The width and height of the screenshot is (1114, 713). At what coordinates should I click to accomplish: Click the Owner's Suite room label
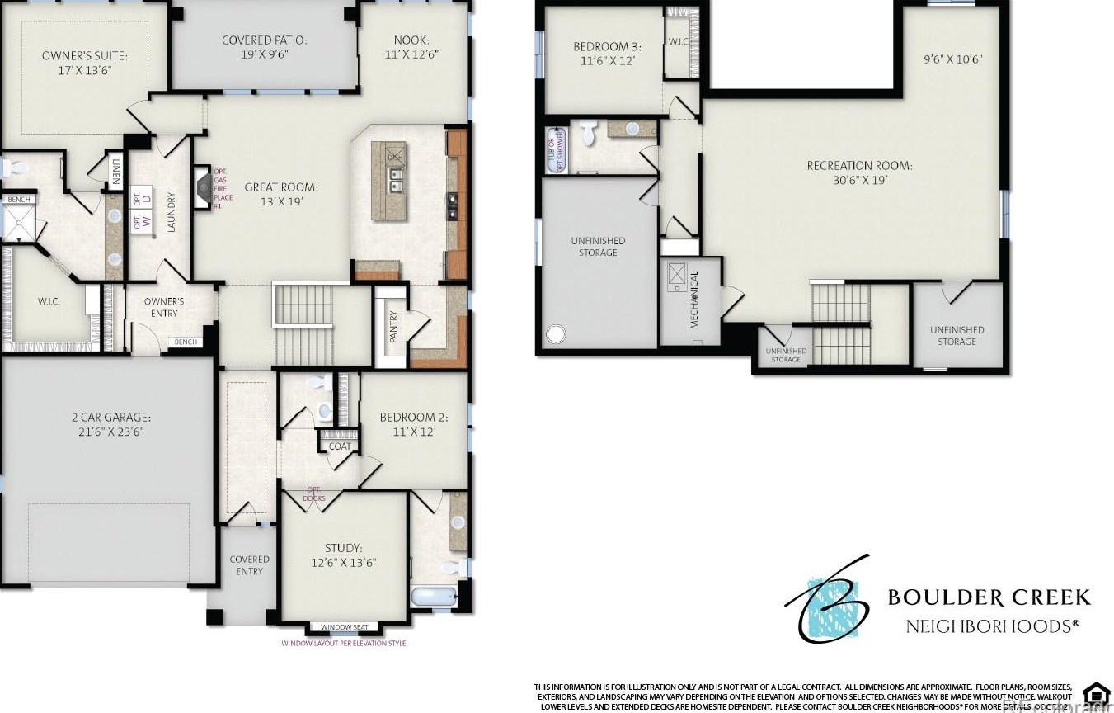(84, 56)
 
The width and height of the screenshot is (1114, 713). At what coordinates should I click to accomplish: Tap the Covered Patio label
(264, 40)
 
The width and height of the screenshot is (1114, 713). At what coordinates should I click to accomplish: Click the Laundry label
(172, 212)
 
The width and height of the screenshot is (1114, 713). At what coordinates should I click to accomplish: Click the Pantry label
(393, 326)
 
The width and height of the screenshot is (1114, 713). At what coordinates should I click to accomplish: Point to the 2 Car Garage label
(110, 417)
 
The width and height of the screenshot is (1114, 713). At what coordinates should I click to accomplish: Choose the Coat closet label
(340, 446)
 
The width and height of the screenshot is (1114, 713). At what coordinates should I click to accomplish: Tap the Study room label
(342, 547)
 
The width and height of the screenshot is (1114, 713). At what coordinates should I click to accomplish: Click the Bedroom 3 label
(607, 47)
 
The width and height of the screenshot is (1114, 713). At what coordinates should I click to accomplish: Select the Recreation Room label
(859, 165)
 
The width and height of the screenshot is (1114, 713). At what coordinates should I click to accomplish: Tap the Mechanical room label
(694, 300)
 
